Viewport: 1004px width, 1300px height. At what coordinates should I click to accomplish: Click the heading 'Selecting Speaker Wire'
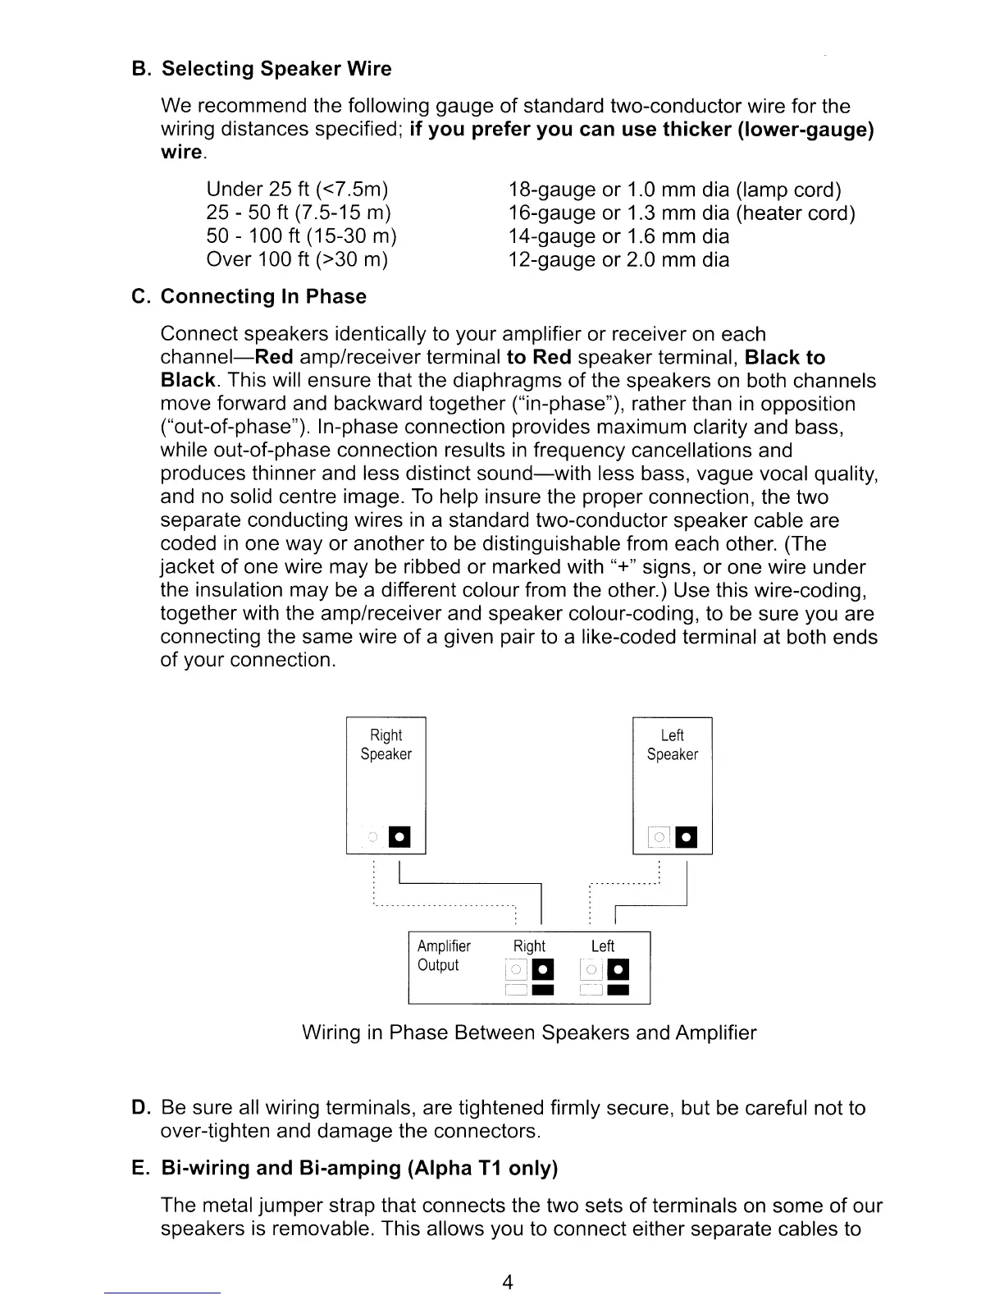pos(276,69)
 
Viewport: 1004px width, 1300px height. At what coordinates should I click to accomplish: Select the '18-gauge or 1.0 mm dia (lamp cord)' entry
pos(675,190)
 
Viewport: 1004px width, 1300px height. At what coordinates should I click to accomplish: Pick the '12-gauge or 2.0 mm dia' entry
pos(618,260)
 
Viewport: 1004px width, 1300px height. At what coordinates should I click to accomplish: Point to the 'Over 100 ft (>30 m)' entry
pos(297,260)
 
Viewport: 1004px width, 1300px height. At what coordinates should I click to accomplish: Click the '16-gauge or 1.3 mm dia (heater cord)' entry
pos(682,213)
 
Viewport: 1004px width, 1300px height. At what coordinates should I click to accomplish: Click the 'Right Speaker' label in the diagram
pos(386,744)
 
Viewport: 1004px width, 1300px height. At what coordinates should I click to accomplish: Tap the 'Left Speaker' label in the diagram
pos(672,744)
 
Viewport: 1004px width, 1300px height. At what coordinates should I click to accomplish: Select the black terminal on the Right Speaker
pos(399,837)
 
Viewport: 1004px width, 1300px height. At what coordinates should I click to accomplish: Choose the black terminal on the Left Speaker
pos(687,837)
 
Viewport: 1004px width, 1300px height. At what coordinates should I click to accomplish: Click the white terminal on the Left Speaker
pos(659,837)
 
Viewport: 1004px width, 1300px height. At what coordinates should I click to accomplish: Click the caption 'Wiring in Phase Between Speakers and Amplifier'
pos(529,1032)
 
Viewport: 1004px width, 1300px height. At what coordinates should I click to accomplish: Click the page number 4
pos(508,1283)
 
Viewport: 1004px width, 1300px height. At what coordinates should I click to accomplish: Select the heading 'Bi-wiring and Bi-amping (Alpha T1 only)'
pos(358,1168)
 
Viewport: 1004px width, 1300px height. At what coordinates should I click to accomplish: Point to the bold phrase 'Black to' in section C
pos(785,358)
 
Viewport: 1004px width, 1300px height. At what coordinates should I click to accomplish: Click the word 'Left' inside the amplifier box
pos(602,946)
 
